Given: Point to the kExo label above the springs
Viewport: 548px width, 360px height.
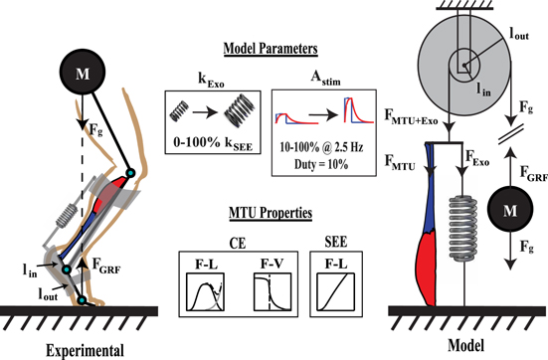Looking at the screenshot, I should [x=203, y=76].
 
